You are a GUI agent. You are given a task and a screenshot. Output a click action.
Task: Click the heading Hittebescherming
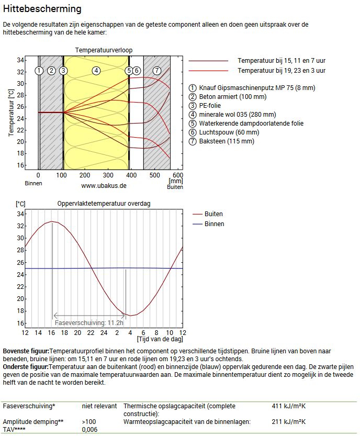point(42,9)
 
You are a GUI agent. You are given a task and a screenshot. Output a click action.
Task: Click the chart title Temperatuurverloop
point(104,50)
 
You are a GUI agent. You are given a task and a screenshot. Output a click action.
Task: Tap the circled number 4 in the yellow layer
point(95,70)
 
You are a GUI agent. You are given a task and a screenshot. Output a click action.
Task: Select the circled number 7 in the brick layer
point(156,70)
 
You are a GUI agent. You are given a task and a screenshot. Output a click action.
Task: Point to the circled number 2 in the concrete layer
point(51,70)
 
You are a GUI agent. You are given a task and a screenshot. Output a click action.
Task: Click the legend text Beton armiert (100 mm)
point(232,97)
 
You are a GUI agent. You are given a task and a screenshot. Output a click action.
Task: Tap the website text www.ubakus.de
point(104,185)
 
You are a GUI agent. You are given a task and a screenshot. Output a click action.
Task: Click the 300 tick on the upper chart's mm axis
point(108,175)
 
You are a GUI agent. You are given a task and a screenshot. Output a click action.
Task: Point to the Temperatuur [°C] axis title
point(11,113)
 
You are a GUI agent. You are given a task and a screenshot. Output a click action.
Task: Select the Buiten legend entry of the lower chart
point(213,214)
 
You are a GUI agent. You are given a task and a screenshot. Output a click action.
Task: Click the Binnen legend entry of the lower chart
point(214,224)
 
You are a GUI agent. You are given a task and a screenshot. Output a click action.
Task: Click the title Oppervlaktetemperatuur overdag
point(104,204)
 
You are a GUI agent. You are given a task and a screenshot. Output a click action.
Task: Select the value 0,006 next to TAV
point(89,430)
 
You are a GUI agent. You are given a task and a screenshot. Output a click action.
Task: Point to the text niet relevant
point(99,406)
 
